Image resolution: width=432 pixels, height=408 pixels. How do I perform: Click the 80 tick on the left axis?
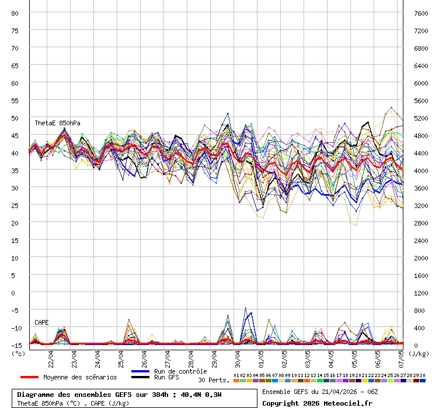[15, 13]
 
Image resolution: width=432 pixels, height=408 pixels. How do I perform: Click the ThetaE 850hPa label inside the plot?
[57, 123]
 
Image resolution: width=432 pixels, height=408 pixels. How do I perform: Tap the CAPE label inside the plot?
[41, 322]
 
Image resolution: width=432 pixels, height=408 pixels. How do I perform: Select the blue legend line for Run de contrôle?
[140, 371]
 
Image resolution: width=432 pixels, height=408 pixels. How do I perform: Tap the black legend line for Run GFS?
[140, 378]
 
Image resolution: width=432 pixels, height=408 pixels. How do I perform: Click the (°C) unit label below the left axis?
[18, 353]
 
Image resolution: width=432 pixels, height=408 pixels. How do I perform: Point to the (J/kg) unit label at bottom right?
[418, 353]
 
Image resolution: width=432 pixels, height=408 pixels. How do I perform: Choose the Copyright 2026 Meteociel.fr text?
[317, 403]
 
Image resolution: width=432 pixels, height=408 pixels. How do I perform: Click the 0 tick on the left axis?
[17, 293]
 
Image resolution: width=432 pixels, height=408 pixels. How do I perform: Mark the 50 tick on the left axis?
[15, 118]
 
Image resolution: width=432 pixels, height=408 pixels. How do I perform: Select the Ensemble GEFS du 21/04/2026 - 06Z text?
[319, 392]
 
